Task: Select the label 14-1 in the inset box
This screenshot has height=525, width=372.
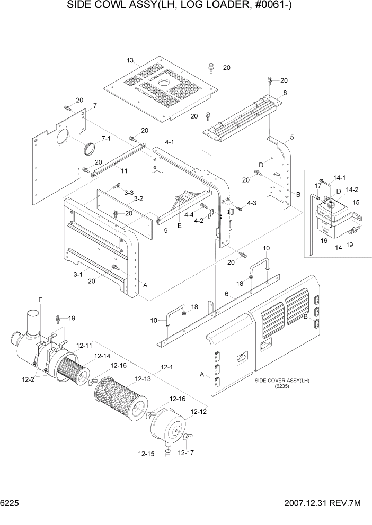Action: pos(339,178)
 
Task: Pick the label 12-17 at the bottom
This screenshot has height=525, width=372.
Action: pos(186,452)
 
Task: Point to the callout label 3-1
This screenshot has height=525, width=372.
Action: pos(77,274)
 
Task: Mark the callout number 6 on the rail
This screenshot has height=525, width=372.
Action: pos(226,294)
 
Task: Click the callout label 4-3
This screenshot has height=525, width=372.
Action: pos(251,203)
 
